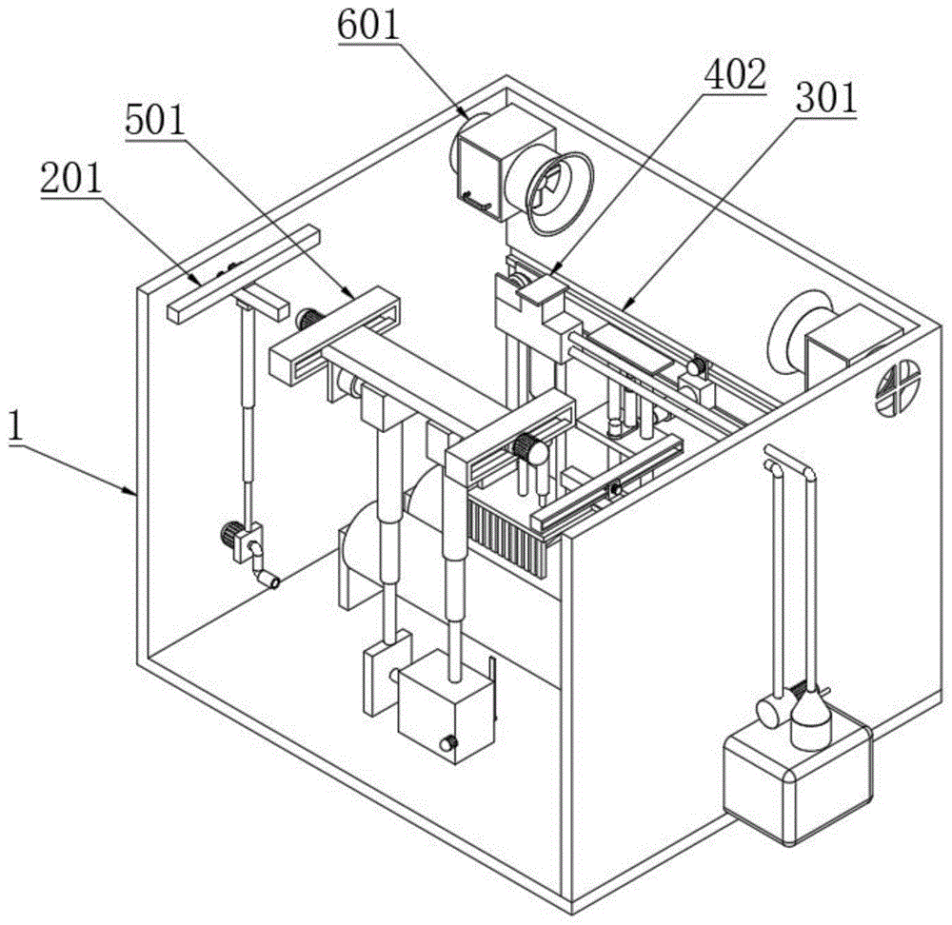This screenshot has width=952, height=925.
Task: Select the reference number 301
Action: pyautogui.click(x=825, y=98)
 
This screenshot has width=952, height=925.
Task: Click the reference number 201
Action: pyautogui.click(x=71, y=180)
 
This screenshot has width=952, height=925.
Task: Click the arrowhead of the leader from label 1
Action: pyautogui.click(x=134, y=492)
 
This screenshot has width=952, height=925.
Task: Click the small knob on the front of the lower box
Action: pyautogui.click(x=448, y=743)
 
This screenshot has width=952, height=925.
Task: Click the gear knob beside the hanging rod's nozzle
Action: pyautogui.click(x=230, y=537)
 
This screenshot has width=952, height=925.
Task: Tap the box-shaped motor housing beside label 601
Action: pyautogui.click(x=484, y=162)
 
